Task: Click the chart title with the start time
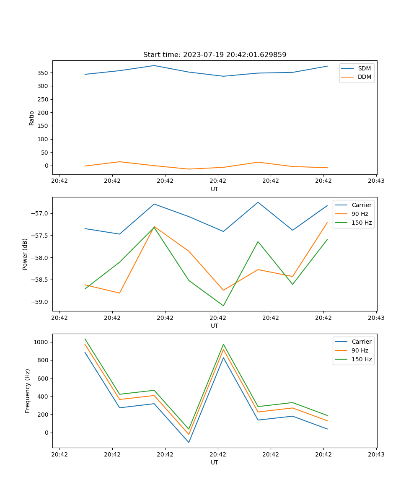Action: point(215,55)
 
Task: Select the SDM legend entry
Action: point(364,68)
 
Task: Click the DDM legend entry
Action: point(364,77)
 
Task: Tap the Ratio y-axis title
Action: point(32,118)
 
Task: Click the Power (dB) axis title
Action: point(25,254)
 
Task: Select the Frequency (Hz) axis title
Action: point(28,391)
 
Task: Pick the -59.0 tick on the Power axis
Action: point(40,302)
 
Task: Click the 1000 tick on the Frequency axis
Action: point(41,342)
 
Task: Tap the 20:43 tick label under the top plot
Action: point(376,181)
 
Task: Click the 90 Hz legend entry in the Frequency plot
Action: point(360,350)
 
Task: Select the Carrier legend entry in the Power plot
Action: point(361,205)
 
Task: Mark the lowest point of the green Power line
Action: point(223,306)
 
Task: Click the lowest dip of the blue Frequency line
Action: point(189,442)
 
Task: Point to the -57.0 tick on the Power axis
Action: point(40,213)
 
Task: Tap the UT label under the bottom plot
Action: point(215,462)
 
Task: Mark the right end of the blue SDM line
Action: point(327,66)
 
